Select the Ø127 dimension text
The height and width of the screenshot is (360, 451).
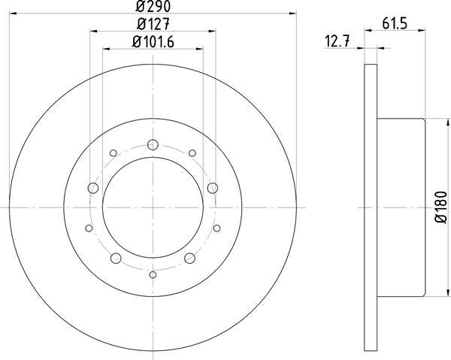pos(153,24)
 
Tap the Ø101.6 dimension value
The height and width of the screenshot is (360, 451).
pos(153,42)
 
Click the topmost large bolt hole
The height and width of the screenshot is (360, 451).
pos(153,145)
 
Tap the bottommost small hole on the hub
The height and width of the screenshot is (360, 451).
pos(153,274)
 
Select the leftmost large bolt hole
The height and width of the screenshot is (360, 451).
pos(93,187)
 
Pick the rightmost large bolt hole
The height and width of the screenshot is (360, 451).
pos(212,187)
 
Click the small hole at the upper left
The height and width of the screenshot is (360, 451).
pos(113,153)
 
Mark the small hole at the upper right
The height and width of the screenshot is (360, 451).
pos(192,153)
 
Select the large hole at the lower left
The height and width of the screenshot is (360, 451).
pos(116,259)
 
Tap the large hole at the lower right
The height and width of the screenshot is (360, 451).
pos(189,259)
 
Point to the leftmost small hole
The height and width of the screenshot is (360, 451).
pos(89,228)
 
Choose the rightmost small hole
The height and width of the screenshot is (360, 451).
pos(216,228)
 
